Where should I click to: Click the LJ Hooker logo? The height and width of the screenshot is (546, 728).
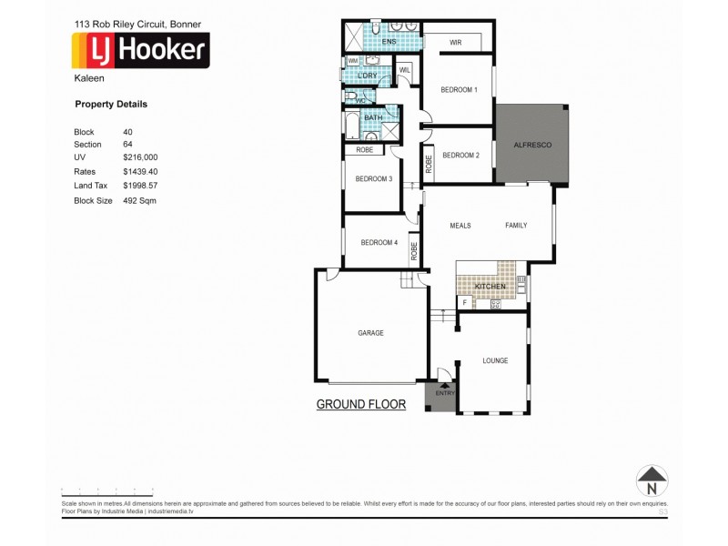pos(140,50)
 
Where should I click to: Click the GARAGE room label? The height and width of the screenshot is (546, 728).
pos(370,333)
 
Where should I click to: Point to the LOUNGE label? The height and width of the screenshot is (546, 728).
pos(495,361)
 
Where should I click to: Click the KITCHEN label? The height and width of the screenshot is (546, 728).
pos(490,287)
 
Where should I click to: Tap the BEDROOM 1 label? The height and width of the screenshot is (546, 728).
pos(459,89)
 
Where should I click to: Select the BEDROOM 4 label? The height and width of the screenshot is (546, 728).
pos(379,242)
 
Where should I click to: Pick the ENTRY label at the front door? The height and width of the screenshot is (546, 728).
pos(444,394)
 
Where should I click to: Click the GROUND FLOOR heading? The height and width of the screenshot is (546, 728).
pos(360,404)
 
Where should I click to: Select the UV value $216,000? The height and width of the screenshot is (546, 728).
pos(140,157)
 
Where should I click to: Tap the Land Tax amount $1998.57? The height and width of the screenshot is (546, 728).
pos(140,185)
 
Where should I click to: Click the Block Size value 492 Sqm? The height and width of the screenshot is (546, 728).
pos(139,199)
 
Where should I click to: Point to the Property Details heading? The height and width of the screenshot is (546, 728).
pos(110,105)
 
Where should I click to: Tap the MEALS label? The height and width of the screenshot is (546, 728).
pos(460,226)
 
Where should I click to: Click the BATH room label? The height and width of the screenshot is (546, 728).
pos(373,118)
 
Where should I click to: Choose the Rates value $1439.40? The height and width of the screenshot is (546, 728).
pos(140,171)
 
